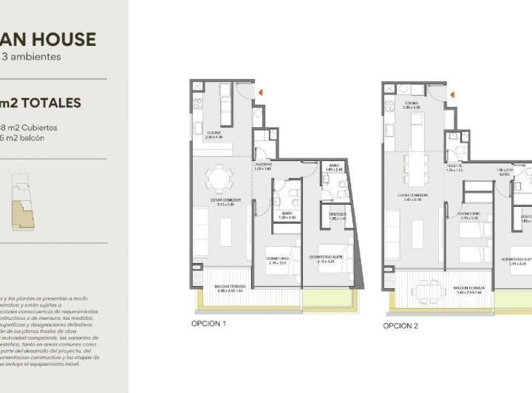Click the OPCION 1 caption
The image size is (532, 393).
coord(208,324)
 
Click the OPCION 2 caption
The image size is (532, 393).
coord(400,325)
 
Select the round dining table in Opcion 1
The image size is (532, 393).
coord(218,178)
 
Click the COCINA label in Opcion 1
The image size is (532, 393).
coord(214,134)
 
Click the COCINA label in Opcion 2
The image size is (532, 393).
coord(412,104)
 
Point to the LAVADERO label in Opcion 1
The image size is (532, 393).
coord(263,165)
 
